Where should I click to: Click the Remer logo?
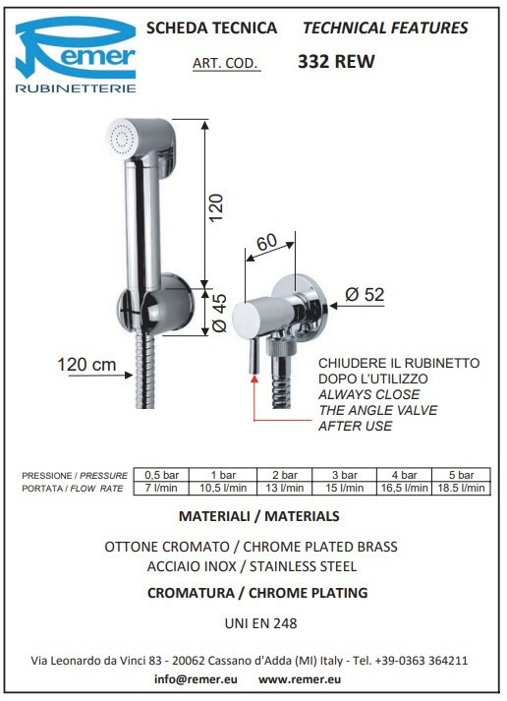tap(76, 54)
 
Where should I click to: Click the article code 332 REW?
tap(336, 62)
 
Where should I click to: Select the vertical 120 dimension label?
tap(216, 207)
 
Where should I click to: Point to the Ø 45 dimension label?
tap(219, 313)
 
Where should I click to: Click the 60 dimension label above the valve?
tap(266, 242)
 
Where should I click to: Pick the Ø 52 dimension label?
tap(365, 295)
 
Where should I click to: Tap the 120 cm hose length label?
tap(86, 365)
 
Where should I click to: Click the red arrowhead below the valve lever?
tap(254, 380)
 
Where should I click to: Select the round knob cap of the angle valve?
tap(246, 319)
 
